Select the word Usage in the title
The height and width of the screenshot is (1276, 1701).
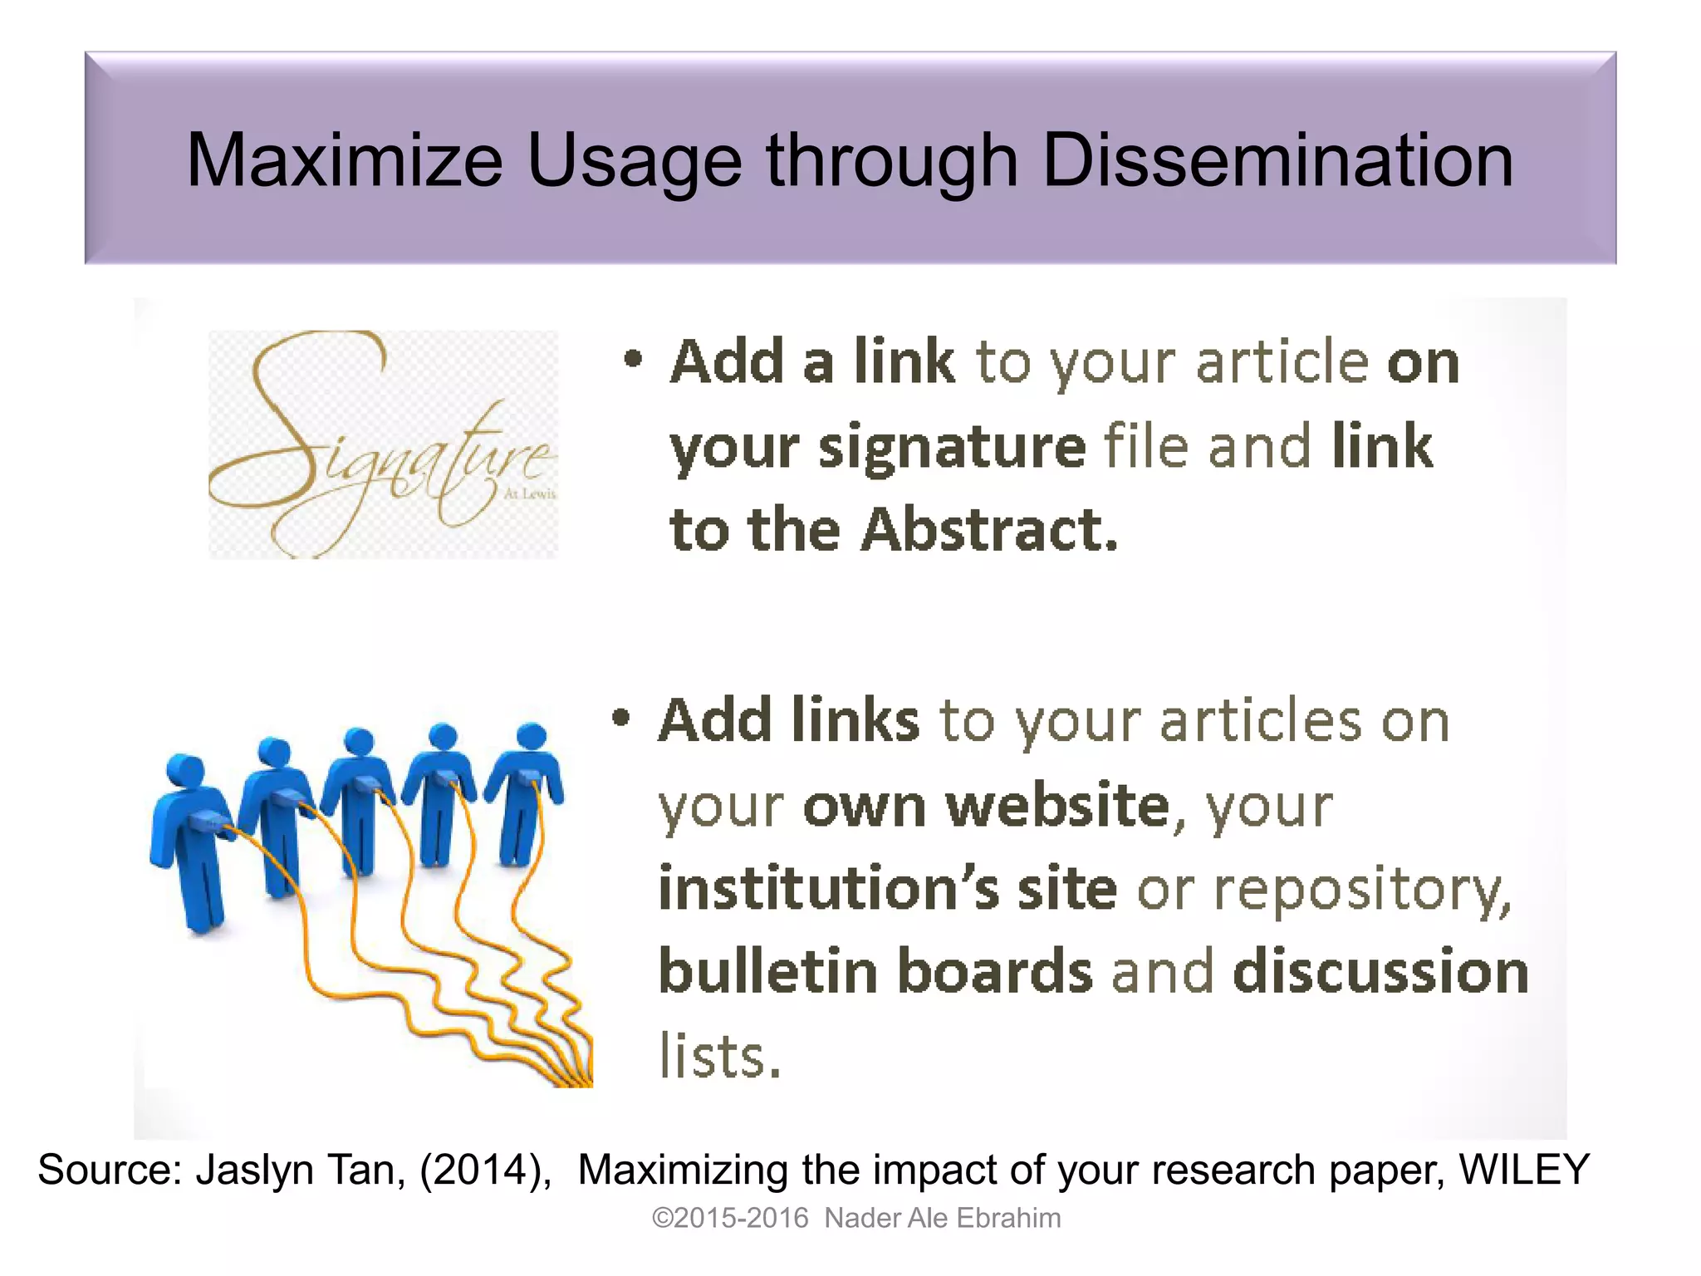(x=635, y=163)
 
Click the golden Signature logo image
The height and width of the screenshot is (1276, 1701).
(x=383, y=444)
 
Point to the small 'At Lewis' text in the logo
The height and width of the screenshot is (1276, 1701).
(x=530, y=494)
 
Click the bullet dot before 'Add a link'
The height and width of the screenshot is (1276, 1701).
(x=633, y=359)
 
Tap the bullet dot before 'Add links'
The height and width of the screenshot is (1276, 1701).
(x=621, y=717)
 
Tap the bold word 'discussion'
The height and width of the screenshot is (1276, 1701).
(x=1380, y=971)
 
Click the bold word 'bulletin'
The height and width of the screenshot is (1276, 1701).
(x=767, y=971)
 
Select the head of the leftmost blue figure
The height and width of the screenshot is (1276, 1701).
(x=184, y=768)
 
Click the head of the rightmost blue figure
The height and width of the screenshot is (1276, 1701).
(x=531, y=736)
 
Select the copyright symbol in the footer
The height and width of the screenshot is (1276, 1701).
(x=662, y=1218)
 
